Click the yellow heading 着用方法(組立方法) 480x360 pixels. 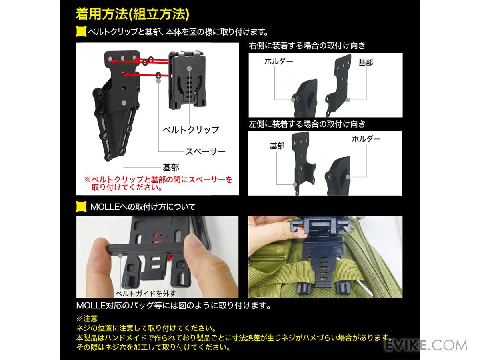[x=132, y=14]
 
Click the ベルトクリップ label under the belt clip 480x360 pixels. [x=191, y=130]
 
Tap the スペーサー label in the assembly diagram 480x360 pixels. [x=205, y=152]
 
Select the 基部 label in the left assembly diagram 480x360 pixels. [x=171, y=168]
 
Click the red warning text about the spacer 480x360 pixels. [x=158, y=183]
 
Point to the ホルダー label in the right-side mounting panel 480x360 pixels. [x=278, y=61]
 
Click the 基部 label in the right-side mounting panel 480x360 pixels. [x=366, y=63]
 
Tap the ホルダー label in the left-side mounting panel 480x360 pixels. [x=366, y=139]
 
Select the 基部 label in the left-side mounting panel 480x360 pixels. [x=277, y=146]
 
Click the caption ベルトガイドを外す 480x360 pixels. [x=146, y=293]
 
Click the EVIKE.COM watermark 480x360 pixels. [x=426, y=346]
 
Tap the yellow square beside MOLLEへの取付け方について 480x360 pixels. [x=81, y=206]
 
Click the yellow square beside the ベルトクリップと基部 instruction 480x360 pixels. [x=81, y=32]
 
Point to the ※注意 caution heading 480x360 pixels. [x=87, y=318]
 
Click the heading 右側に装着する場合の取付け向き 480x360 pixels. [x=307, y=46]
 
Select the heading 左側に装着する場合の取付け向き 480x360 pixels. [x=307, y=124]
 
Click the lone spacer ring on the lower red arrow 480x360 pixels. [x=158, y=76]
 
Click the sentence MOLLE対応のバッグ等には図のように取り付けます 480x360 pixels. [x=174, y=305]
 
